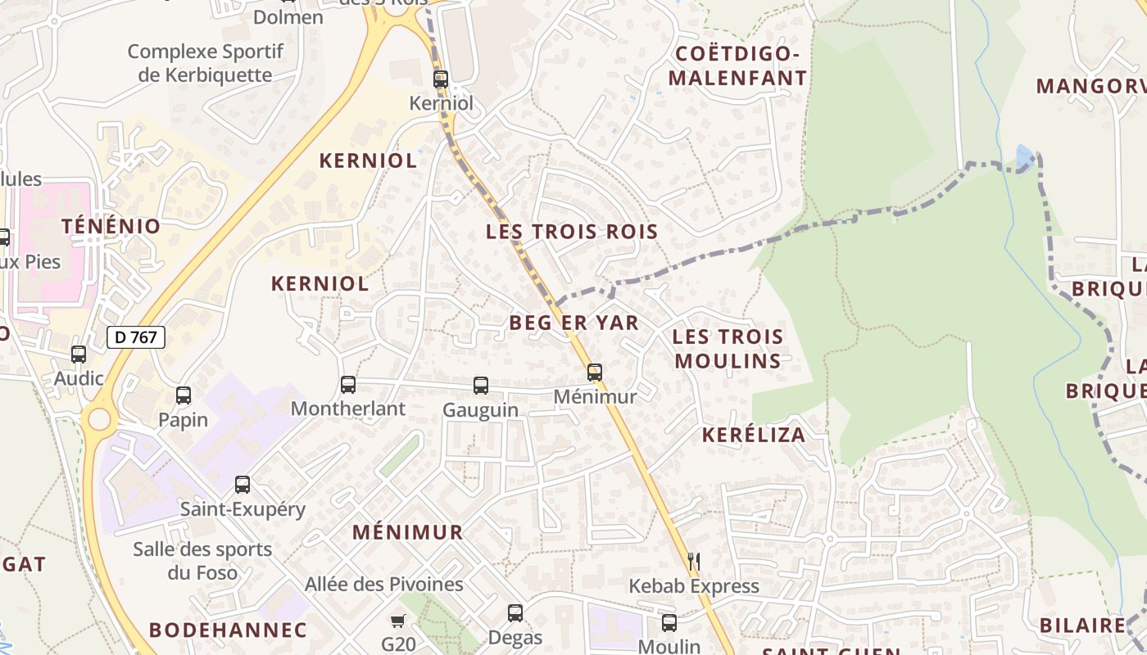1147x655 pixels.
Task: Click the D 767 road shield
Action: tap(136, 337)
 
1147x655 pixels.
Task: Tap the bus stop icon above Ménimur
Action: tap(595, 373)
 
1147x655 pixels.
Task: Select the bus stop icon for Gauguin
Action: tap(481, 385)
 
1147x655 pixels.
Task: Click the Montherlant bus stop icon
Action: tap(348, 384)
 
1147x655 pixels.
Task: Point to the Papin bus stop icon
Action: tap(184, 395)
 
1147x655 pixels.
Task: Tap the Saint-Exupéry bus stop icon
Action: tap(243, 484)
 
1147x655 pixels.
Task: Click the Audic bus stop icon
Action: tap(79, 355)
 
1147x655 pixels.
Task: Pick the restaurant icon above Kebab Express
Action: tap(694, 562)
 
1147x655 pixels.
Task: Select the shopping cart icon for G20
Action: tap(398, 621)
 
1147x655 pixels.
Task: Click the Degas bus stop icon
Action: tap(515, 612)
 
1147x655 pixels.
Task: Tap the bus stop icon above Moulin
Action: tap(669, 622)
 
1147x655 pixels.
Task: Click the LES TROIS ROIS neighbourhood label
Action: tap(572, 232)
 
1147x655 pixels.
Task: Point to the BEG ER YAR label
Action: tap(573, 323)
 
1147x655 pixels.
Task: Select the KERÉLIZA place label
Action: tap(754, 435)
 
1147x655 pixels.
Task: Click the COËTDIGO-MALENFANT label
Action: tap(737, 66)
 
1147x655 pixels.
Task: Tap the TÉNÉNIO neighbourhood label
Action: tap(111, 227)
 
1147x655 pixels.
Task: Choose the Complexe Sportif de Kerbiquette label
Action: tap(205, 63)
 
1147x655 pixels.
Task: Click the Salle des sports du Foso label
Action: tap(202, 561)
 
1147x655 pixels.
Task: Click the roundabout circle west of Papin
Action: tap(99, 419)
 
